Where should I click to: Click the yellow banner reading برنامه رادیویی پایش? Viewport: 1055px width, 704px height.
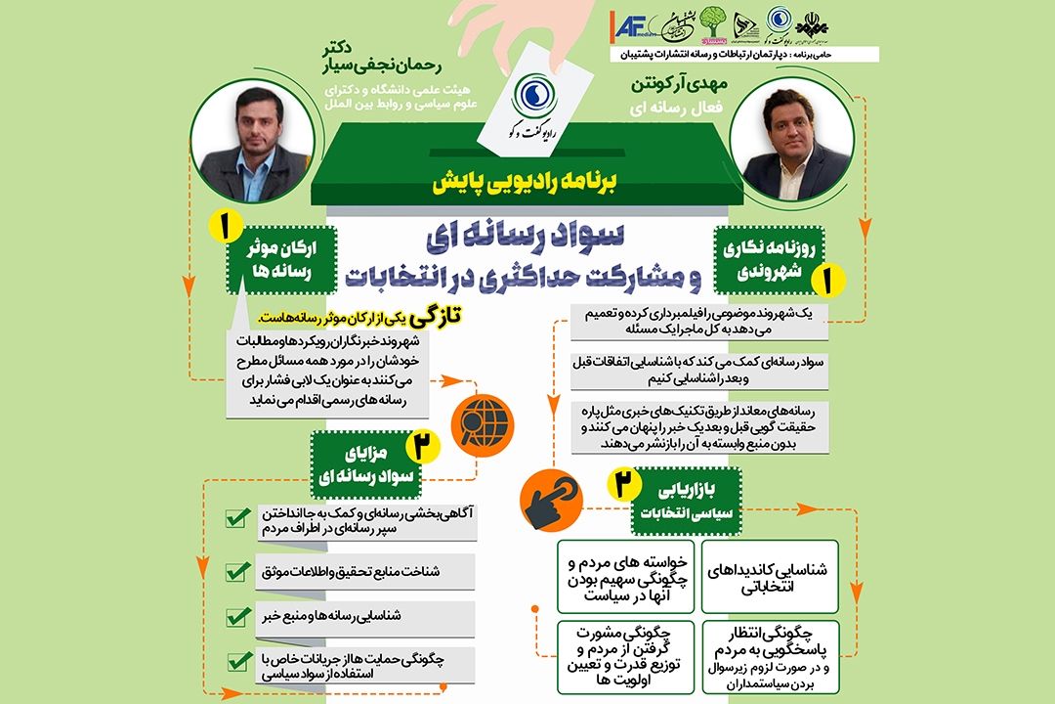tap(527, 183)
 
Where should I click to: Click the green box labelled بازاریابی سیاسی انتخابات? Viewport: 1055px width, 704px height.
tap(688, 501)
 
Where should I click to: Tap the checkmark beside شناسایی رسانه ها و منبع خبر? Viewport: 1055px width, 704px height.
tap(236, 617)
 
